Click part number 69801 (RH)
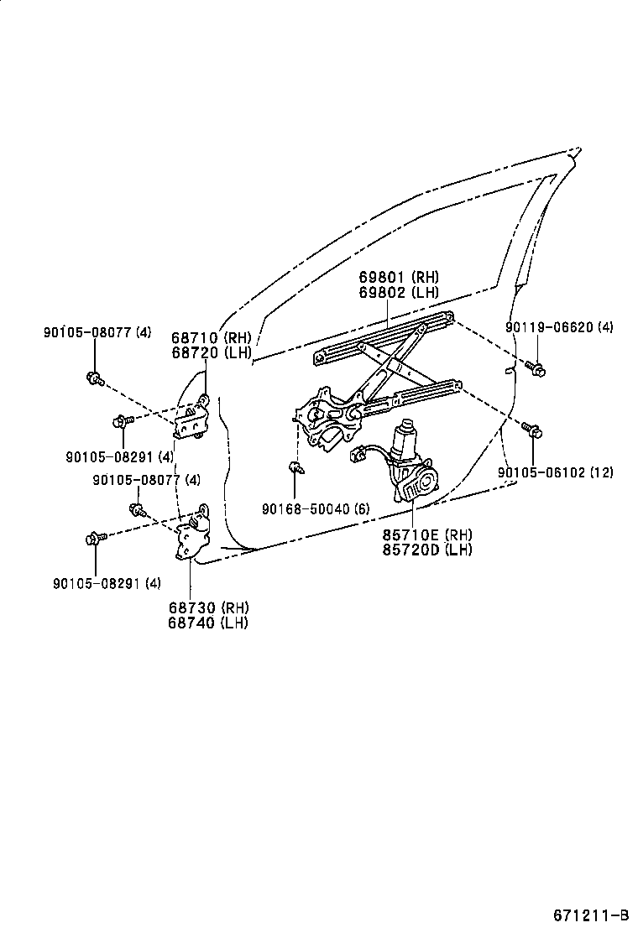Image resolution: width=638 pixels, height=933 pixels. coord(399,278)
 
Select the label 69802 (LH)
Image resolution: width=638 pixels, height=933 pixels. coord(399,293)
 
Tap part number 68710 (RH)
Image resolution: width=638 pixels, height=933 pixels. coord(212,338)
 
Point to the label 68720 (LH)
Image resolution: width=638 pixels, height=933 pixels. coord(212,353)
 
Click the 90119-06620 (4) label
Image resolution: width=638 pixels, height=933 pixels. coord(559,327)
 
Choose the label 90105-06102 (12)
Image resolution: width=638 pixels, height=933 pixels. coord(555,472)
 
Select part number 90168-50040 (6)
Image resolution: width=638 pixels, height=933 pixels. coord(315,508)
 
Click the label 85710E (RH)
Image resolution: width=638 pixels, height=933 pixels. coord(427,535)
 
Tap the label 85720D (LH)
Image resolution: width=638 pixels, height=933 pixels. coord(427,550)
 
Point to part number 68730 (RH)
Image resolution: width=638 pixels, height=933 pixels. coord(208,608)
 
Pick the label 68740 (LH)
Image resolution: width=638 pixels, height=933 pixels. coord(208,623)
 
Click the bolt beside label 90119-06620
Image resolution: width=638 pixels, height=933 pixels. coord(536,367)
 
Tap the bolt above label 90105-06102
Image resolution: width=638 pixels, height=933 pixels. coord(532,431)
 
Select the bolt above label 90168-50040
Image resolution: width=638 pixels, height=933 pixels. coord(296,467)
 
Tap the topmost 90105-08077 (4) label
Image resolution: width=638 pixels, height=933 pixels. coord(97,332)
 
